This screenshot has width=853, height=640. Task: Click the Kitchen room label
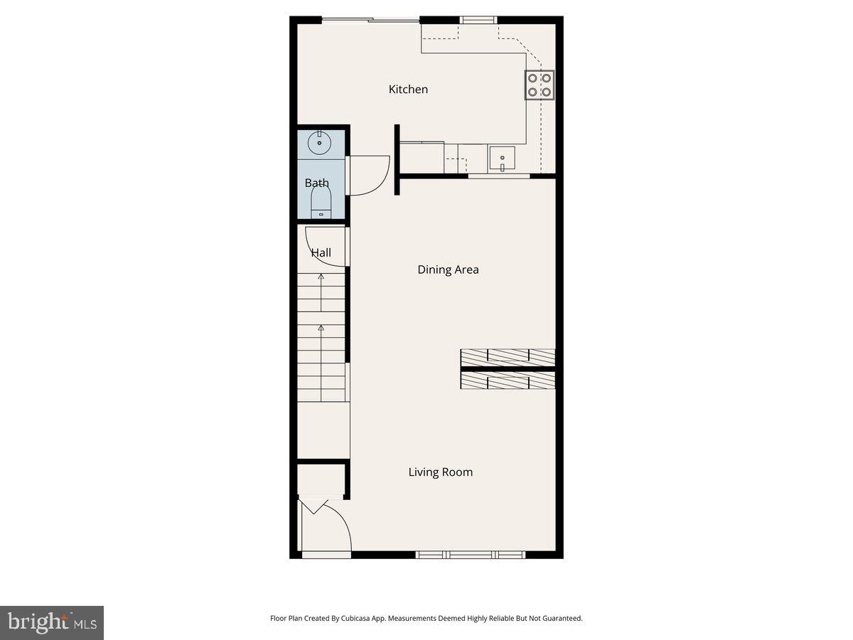pos(408,90)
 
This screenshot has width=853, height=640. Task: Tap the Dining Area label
pos(448,270)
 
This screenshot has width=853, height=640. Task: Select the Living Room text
pos(440,472)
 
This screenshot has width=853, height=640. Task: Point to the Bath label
pos(317,183)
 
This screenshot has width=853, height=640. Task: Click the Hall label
pos(321,252)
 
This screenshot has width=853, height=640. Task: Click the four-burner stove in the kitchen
pos(540,85)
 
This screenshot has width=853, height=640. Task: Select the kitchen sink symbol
pos(503,159)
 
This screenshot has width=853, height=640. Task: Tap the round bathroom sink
pos(320,143)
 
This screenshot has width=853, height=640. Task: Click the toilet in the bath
pos(321,204)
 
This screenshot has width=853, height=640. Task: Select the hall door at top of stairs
pos(326,245)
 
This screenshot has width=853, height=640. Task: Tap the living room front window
pos(470,555)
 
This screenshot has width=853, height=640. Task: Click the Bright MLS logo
pos(52,623)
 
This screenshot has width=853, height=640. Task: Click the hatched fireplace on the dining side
pos(508,357)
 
